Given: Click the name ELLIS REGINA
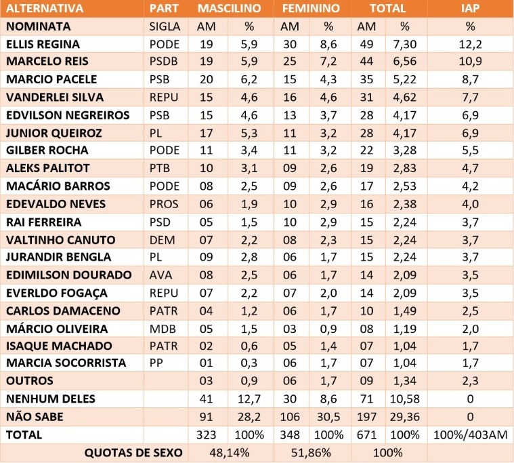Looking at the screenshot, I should click(42, 44).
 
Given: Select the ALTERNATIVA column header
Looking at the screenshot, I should click(45, 9).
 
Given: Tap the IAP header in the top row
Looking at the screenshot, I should click(470, 9).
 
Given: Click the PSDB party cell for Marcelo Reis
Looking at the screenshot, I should click(163, 62).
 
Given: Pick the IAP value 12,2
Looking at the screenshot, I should click(470, 44).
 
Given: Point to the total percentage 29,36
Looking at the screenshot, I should click(405, 416).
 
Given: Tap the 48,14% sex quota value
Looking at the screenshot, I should click(230, 452).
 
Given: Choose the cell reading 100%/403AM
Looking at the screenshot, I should click(470, 435).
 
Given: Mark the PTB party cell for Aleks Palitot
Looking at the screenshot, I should click(160, 168).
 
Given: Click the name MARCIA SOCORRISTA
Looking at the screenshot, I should click(66, 363).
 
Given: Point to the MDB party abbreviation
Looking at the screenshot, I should click(160, 328).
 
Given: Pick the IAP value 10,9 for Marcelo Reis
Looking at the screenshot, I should click(470, 62).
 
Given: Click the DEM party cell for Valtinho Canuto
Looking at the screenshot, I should click(160, 239).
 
